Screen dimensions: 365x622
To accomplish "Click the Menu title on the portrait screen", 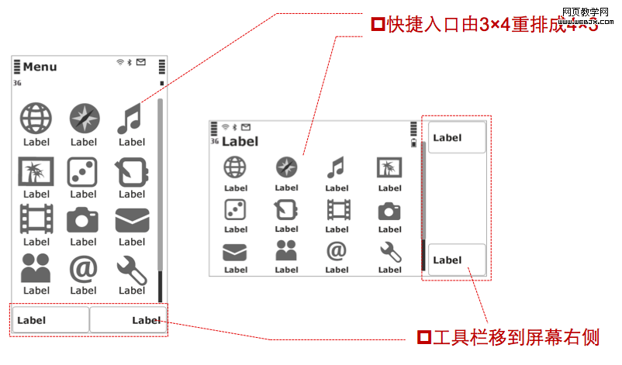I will point(40,67).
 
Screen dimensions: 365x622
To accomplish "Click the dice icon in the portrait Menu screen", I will point(83,171).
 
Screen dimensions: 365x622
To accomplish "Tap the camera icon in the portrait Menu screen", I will point(83,220).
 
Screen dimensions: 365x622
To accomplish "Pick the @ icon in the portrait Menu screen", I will point(83,269).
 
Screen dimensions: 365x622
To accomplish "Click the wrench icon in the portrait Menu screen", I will point(131,269).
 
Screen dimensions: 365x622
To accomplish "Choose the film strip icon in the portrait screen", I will point(36,219).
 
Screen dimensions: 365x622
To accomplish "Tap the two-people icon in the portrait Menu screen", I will point(36,269).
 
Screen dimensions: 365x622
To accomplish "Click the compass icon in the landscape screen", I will point(286,167).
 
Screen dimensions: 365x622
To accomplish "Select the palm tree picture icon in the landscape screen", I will point(389,167).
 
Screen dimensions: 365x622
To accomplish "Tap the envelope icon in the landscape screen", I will point(235,252).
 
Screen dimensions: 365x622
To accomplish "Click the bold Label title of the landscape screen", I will point(240,142).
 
